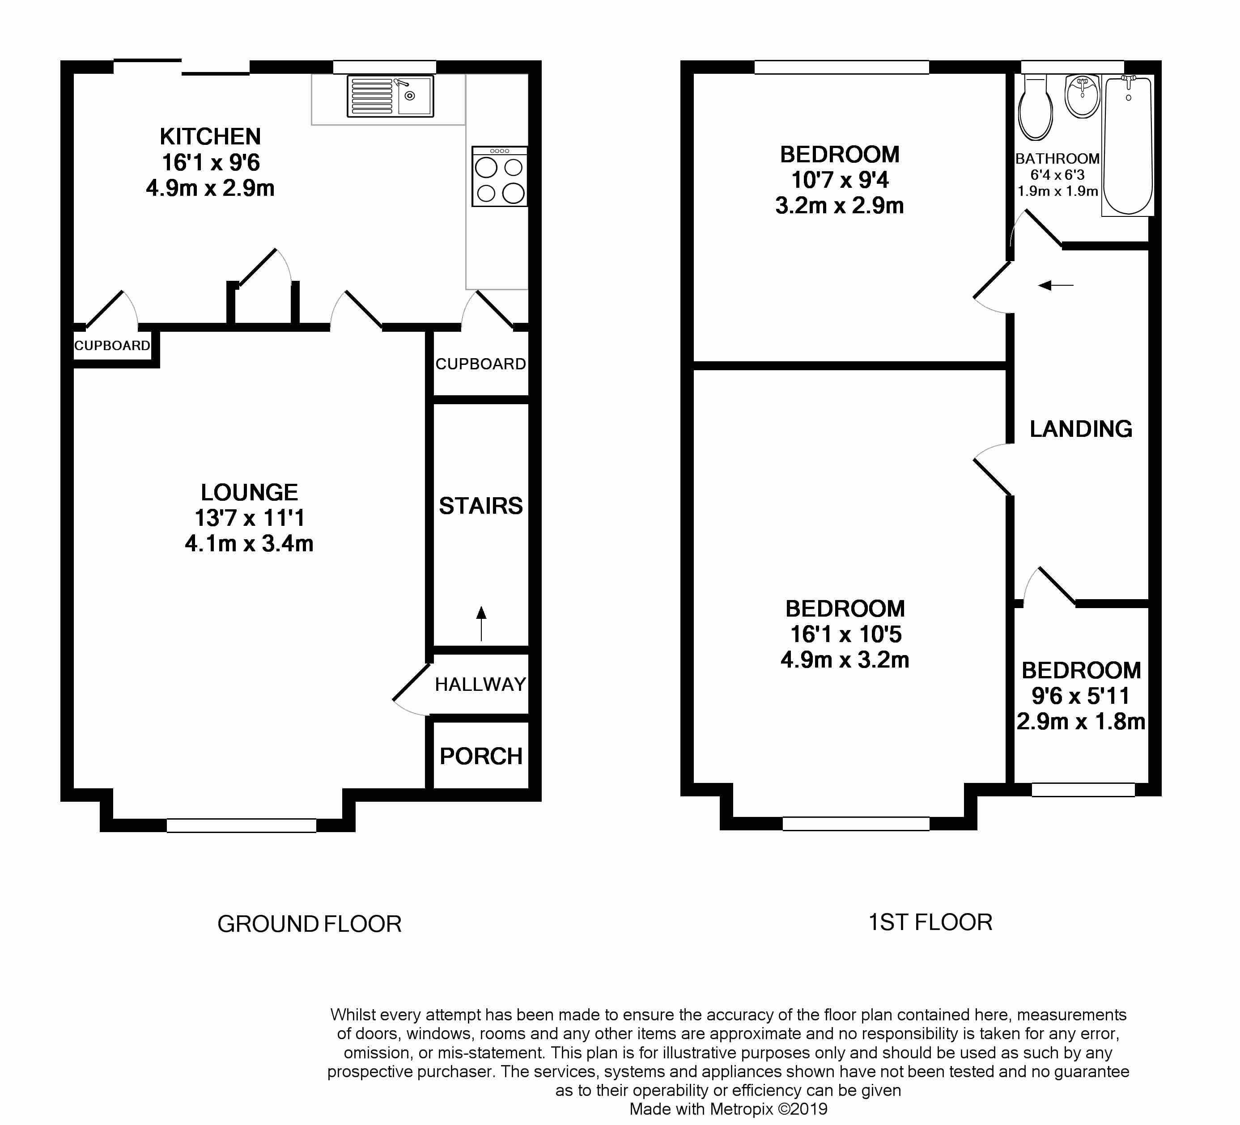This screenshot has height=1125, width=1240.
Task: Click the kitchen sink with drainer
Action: (390, 96)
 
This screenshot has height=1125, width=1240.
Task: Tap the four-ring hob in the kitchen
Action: (499, 177)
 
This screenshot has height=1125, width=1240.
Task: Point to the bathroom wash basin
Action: (1083, 97)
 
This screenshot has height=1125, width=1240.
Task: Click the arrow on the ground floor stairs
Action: (481, 623)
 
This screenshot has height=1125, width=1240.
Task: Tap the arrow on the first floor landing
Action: (1056, 285)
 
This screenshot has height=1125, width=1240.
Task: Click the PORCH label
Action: (481, 756)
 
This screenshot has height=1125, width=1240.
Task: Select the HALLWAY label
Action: (480, 684)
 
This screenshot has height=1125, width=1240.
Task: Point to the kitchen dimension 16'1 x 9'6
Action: (210, 162)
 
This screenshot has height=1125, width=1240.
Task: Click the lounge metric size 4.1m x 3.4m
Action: (249, 543)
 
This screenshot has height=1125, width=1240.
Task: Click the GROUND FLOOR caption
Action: (310, 924)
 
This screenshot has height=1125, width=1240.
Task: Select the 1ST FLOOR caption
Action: (930, 922)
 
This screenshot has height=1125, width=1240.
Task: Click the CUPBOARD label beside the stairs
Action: (480, 364)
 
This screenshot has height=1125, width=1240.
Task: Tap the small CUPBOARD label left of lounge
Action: (112, 346)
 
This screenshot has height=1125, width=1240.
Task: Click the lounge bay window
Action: (241, 825)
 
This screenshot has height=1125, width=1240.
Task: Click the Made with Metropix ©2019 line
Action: (728, 1109)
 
